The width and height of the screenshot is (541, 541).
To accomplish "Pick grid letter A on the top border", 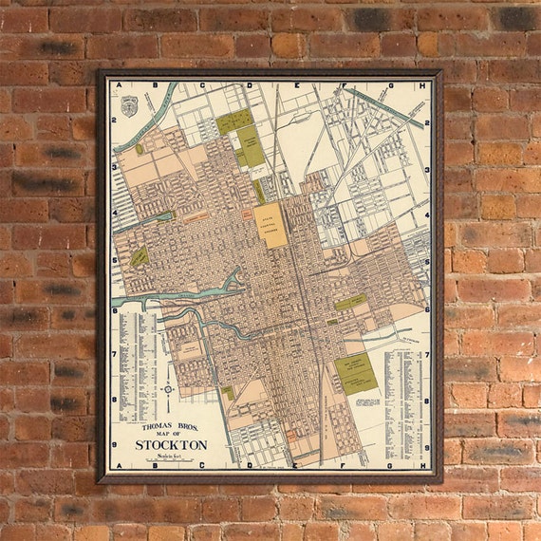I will tap(120, 85).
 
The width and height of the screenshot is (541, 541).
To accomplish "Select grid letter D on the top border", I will tap(250, 85).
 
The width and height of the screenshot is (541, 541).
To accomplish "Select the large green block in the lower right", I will tap(355, 374).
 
